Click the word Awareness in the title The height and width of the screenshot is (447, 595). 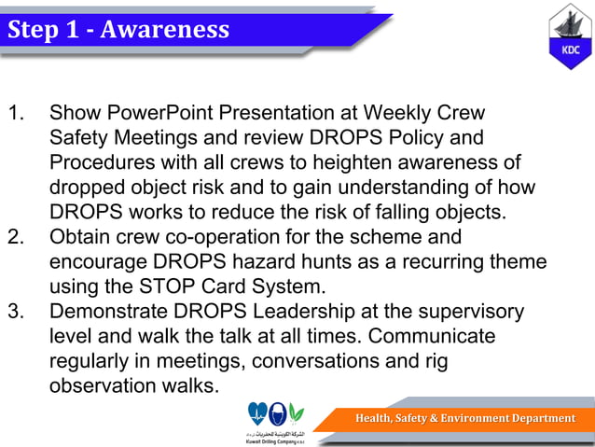[x=164, y=30]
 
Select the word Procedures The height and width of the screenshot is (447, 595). [x=103, y=163]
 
